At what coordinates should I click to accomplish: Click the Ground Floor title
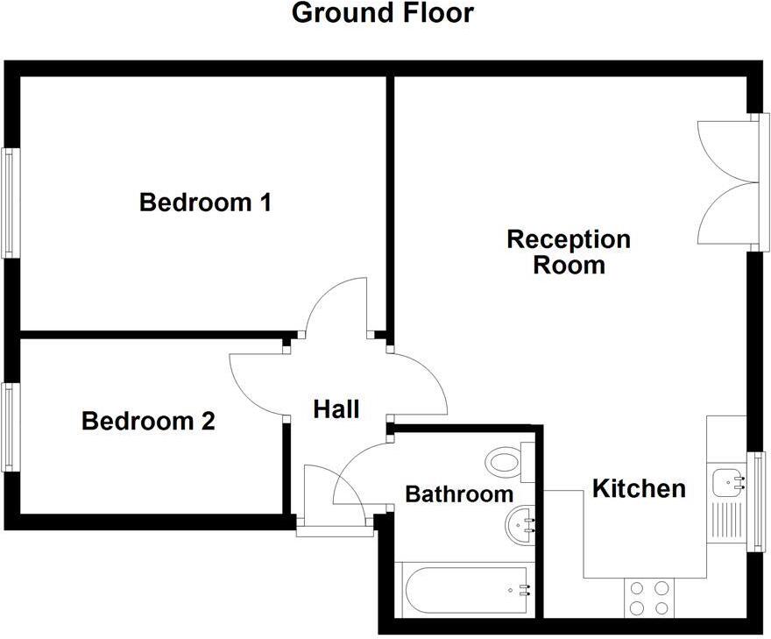coord(382,14)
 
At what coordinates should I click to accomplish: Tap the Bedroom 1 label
coord(205,202)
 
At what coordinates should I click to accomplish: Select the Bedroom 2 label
coord(148,422)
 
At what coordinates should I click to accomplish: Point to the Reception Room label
coord(569,252)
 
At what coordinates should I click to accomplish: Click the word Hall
coord(336,408)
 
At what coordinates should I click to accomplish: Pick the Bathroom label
coord(459,493)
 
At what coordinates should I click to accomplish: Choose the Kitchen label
coord(639,488)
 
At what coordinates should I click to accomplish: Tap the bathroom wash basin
coord(522,525)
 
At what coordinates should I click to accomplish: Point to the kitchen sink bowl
coord(727,482)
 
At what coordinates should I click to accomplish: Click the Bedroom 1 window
coord(10,202)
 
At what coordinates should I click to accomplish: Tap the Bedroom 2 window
coord(10,427)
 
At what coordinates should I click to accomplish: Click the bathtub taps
coord(523,590)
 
